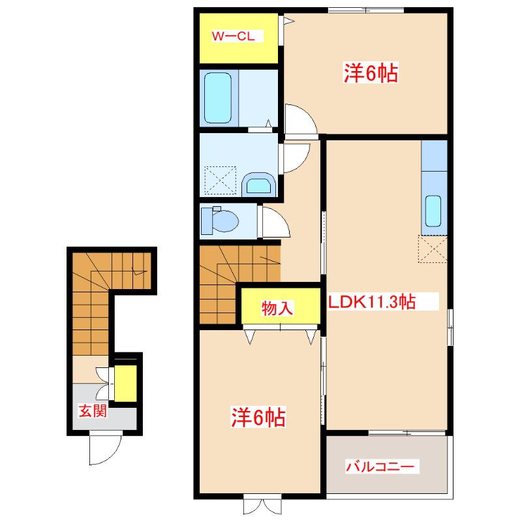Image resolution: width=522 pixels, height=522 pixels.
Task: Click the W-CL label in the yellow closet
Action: (x=234, y=36)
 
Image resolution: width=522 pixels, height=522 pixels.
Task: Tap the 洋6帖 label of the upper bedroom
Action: (x=371, y=72)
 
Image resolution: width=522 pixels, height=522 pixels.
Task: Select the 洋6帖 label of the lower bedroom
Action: (x=258, y=417)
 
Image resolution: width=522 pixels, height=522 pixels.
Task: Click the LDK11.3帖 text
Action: (x=372, y=301)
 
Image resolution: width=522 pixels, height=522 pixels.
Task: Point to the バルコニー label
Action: (x=380, y=466)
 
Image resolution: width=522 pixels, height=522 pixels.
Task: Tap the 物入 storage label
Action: (x=277, y=308)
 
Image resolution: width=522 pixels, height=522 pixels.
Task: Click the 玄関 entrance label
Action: (x=93, y=411)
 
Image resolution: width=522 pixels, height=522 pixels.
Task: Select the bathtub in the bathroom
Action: (x=218, y=98)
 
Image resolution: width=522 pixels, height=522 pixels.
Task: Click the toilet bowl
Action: (x=220, y=221)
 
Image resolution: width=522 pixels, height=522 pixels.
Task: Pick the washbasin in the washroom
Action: (x=258, y=185)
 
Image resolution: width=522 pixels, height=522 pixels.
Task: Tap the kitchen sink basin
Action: (x=433, y=211)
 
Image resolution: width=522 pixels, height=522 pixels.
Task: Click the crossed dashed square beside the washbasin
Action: (x=221, y=180)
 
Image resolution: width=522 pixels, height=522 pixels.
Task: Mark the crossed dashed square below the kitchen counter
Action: (x=433, y=249)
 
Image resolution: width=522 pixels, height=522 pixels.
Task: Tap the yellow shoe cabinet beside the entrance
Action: (x=125, y=384)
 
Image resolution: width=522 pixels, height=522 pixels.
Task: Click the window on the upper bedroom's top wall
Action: (x=366, y=10)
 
